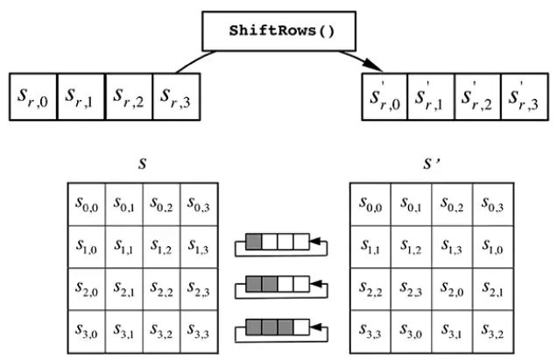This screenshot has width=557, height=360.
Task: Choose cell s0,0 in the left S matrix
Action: (x=87, y=204)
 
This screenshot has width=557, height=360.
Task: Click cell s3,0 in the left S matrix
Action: (x=87, y=331)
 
